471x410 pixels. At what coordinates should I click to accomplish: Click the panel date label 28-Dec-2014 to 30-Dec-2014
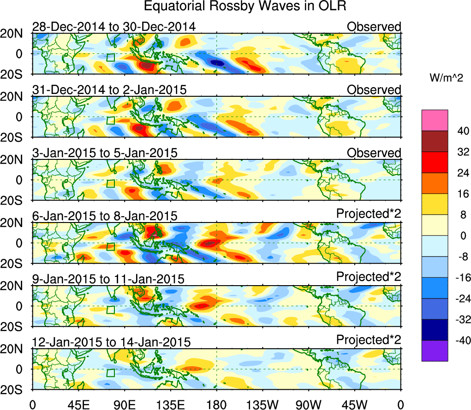(114, 27)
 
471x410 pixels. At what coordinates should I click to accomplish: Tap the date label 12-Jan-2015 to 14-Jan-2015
(111, 342)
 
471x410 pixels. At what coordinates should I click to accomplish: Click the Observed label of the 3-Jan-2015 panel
(374, 153)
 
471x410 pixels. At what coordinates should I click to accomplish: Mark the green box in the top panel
(110, 58)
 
